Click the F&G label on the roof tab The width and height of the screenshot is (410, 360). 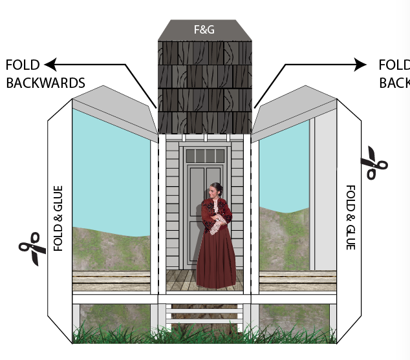click(205, 29)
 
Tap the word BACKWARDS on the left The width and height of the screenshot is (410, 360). click(45, 83)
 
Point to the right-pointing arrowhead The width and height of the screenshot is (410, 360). click(360, 64)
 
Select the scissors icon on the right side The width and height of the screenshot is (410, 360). click(373, 163)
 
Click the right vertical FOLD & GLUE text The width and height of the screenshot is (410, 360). click(351, 217)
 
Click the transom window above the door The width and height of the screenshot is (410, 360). click(204, 155)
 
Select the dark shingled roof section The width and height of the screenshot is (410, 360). click(204, 87)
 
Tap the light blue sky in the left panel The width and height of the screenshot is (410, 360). click(110, 168)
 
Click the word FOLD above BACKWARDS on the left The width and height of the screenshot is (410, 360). click(23, 65)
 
